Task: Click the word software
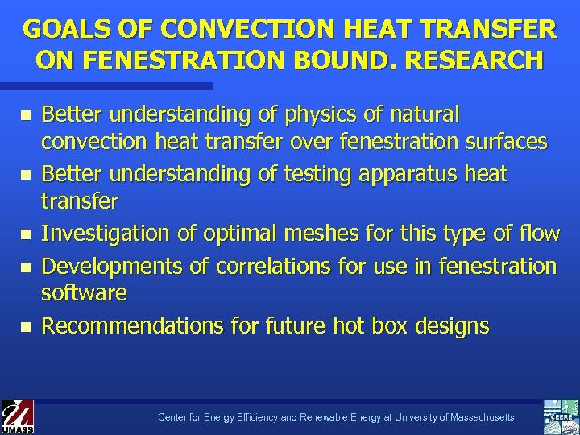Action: [84, 292]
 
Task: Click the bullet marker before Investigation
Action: [26, 235]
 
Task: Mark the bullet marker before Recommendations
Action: [26, 327]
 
